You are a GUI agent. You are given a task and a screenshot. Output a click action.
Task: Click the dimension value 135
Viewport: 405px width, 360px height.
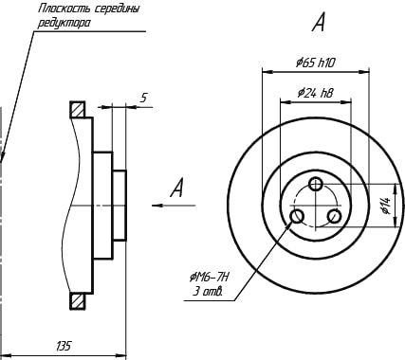pos(64,346)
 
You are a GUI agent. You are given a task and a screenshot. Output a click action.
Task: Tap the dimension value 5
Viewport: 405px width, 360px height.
pos(144,99)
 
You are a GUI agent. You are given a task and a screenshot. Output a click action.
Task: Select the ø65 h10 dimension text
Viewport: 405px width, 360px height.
pos(316,63)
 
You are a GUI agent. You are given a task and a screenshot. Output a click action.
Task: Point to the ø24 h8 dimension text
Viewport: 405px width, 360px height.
pos(315,93)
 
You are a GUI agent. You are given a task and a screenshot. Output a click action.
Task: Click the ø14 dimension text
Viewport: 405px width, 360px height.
pos(386,206)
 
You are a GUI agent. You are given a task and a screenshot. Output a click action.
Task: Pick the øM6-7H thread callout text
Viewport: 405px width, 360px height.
pos(209,278)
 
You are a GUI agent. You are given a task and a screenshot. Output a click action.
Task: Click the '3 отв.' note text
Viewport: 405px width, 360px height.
pos(208,292)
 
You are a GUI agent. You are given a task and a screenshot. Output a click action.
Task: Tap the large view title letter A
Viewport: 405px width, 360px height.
pos(319,23)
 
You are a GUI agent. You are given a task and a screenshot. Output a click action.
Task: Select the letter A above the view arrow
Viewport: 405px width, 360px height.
pos(177,188)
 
